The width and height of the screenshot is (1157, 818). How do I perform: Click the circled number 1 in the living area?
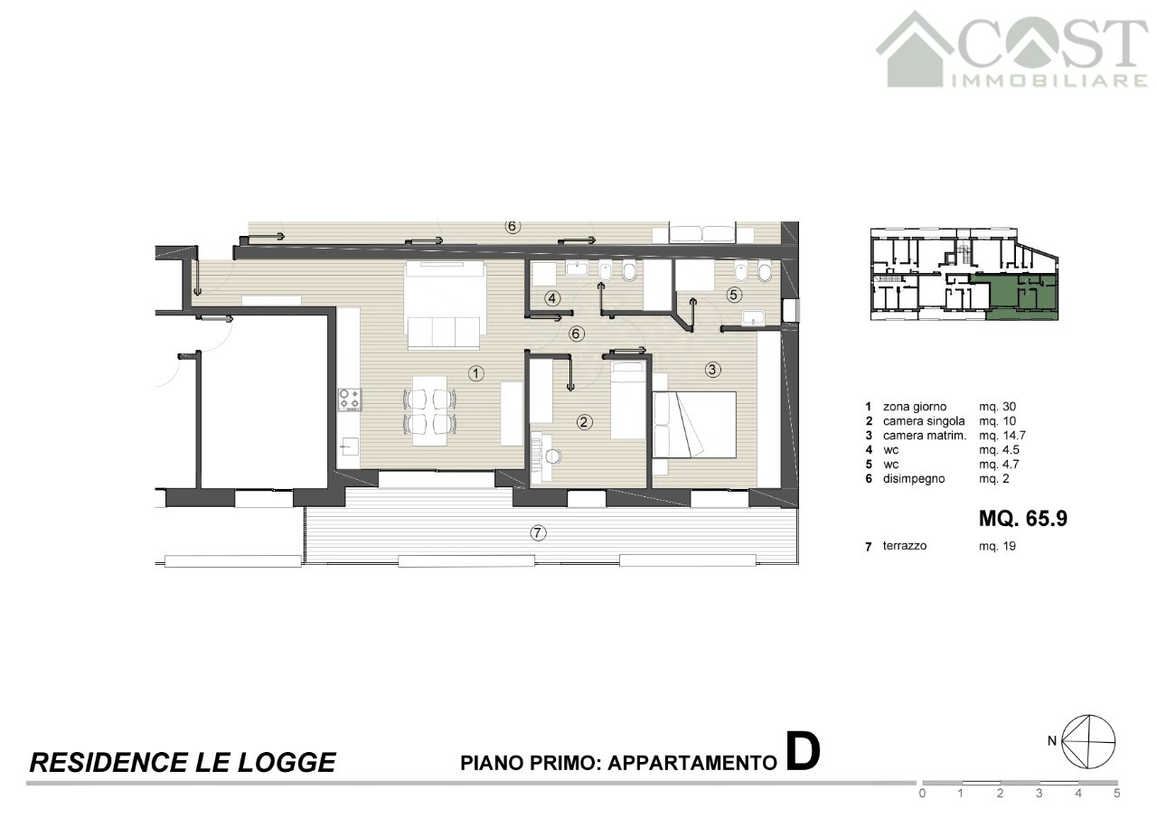(475, 373)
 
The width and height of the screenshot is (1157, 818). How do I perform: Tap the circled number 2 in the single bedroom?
(584, 422)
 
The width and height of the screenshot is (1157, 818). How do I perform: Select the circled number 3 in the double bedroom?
(712, 370)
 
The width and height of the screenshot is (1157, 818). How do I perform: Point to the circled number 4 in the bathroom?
(552, 298)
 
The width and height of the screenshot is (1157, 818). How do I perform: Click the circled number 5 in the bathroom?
(734, 295)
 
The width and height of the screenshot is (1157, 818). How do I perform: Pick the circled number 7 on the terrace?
(538, 533)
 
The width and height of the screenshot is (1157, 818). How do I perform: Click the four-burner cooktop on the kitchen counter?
(350, 400)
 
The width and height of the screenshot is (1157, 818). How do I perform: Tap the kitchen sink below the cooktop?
(350, 446)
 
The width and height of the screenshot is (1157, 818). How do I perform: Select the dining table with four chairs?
(429, 411)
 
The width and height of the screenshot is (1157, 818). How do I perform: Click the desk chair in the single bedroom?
(553, 456)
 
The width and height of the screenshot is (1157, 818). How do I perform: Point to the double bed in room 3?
(694, 425)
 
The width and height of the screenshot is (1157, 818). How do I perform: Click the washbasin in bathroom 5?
(753, 318)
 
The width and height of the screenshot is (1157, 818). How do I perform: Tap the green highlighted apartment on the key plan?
(1022, 296)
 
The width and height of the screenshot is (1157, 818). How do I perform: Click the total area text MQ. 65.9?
(1022, 519)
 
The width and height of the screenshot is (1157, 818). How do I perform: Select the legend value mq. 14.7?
(1002, 436)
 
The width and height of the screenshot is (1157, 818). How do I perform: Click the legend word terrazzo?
(905, 546)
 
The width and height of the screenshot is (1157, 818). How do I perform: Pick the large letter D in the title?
(803, 752)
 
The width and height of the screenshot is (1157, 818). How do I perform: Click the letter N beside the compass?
(1051, 741)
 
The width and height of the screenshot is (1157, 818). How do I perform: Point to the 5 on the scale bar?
(1116, 794)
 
